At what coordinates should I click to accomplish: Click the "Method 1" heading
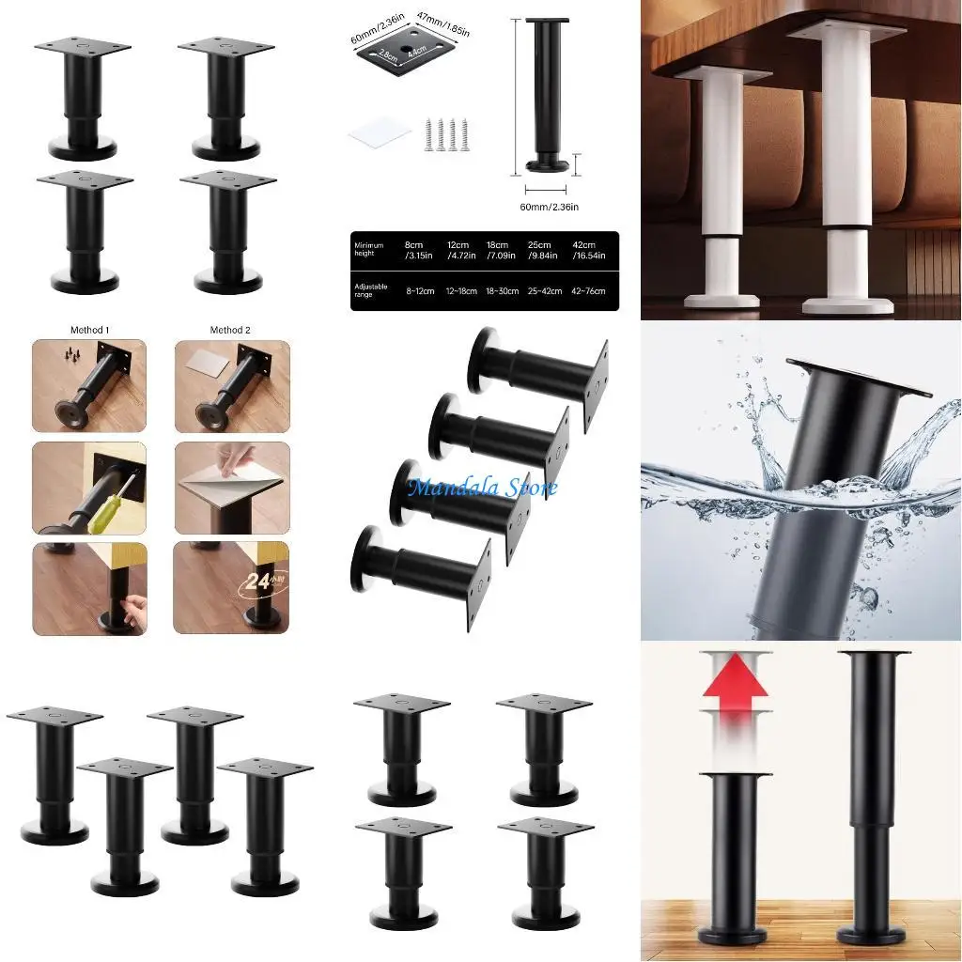pyautogui.click(x=89, y=330)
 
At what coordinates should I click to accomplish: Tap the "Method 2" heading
pyautogui.click(x=231, y=330)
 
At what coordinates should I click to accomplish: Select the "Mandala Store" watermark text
pyautogui.click(x=482, y=487)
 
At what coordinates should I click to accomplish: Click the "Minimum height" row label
pyautogui.click(x=369, y=249)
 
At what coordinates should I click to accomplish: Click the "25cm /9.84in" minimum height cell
pyautogui.click(x=546, y=249)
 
